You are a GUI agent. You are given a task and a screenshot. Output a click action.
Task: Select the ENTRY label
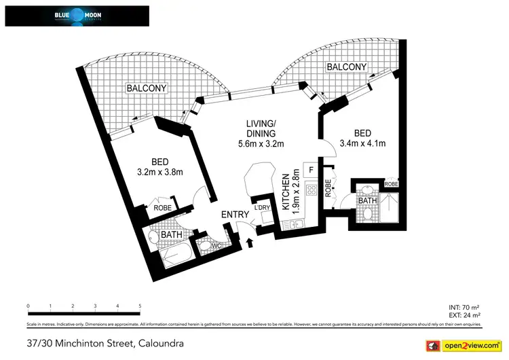point(235,215)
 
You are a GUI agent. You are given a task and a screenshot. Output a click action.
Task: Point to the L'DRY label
point(262,208)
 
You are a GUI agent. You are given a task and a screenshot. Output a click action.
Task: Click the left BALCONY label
point(146,89)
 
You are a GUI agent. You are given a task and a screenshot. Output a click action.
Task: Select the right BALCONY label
point(346,67)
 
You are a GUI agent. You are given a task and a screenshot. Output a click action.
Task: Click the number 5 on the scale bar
point(140,306)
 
